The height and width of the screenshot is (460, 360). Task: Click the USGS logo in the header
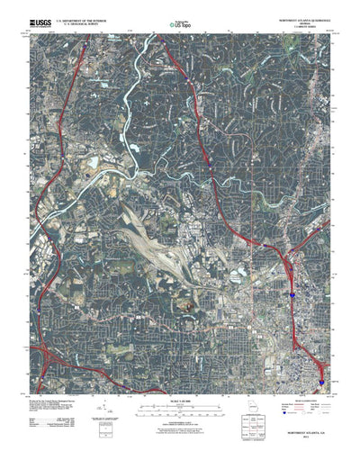41,21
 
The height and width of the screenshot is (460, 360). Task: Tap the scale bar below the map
180,383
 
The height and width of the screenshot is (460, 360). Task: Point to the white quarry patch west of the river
94,162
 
